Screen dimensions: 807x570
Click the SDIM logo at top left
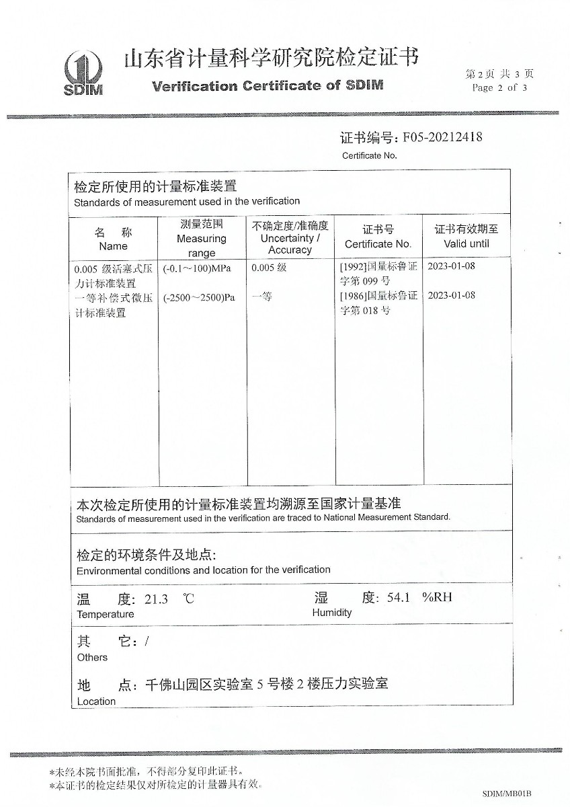pyautogui.click(x=83, y=74)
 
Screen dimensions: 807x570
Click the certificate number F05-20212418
pyautogui.click(x=442, y=138)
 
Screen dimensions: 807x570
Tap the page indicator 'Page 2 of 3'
pyautogui.click(x=499, y=87)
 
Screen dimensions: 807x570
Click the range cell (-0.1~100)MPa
pyautogui.click(x=197, y=268)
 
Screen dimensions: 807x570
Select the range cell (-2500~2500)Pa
pyautogui.click(x=199, y=297)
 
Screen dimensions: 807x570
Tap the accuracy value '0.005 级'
pyautogui.click(x=269, y=268)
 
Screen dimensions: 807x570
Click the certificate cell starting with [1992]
pyautogui.click(x=378, y=273)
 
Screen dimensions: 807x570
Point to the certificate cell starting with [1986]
pyautogui.click(x=378, y=303)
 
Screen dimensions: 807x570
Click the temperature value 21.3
pyautogui.click(x=156, y=599)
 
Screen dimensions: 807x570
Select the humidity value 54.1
pyautogui.click(x=399, y=597)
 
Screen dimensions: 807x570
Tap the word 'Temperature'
pyautogui.click(x=105, y=614)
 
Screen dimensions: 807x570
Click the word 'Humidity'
pyautogui.click(x=331, y=613)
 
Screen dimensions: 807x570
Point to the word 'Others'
pyautogui.click(x=92, y=657)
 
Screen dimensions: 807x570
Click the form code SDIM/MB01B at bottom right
pyautogui.click(x=507, y=794)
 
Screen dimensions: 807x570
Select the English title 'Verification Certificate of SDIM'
pyautogui.click(x=268, y=86)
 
